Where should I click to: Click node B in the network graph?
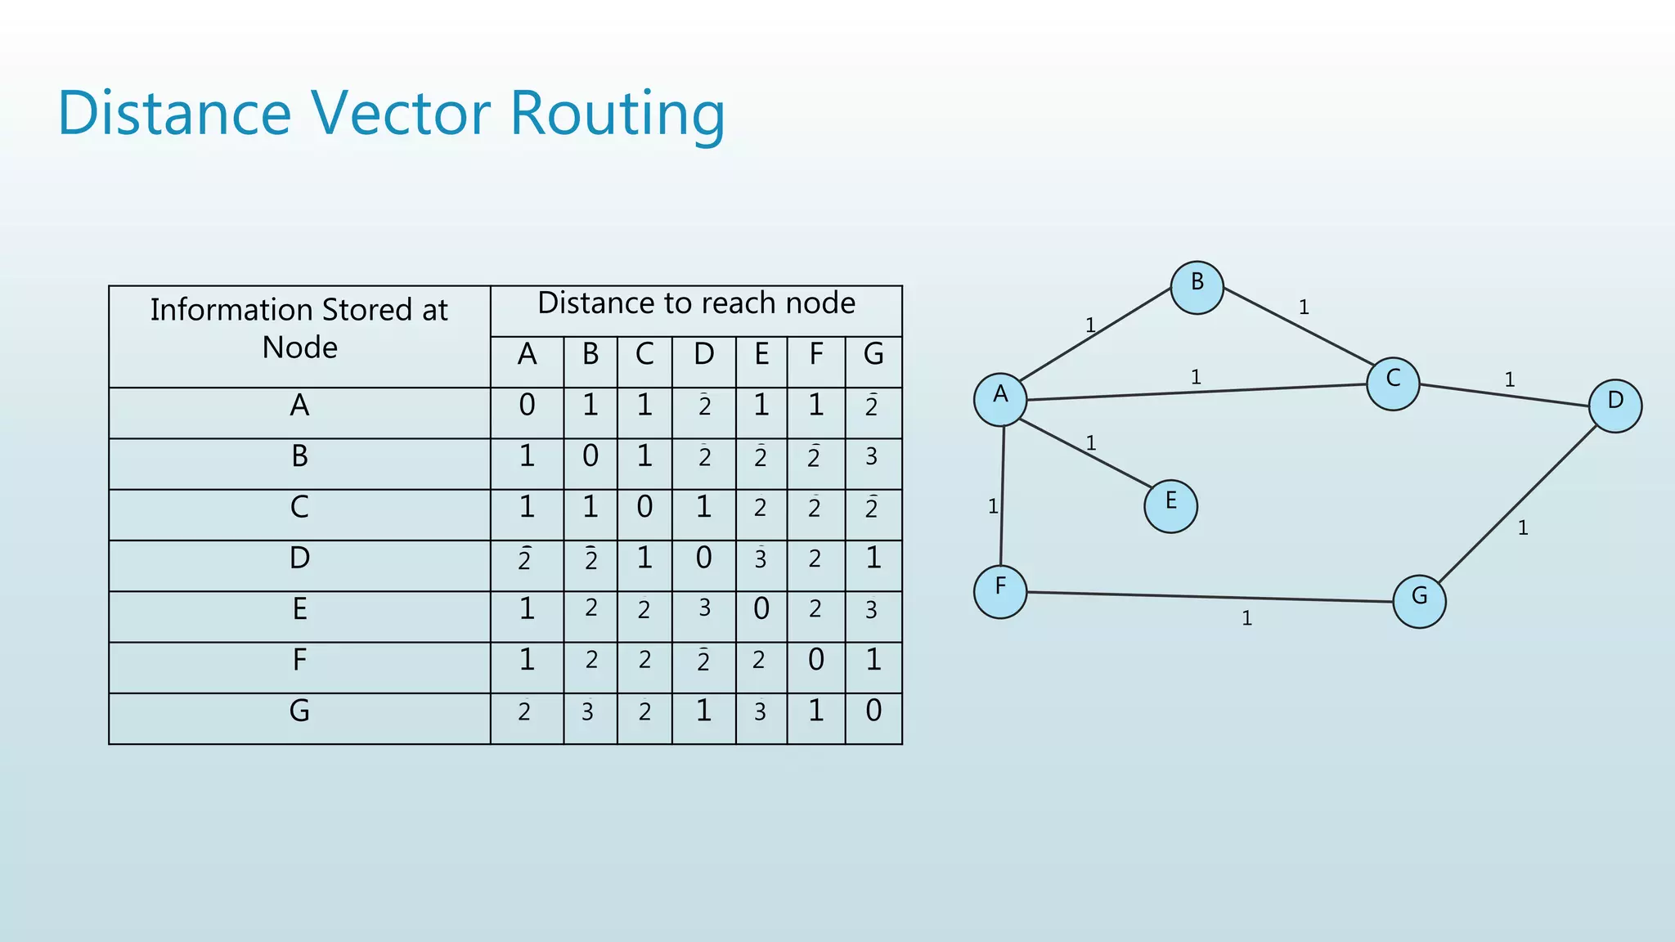click(1197, 288)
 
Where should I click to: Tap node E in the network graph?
click(1170, 506)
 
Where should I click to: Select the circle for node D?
click(1614, 406)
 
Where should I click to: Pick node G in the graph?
click(1419, 601)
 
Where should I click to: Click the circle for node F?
click(999, 591)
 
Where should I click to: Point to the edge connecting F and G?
click(1210, 597)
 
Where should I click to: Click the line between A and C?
click(1194, 392)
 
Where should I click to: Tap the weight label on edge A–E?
click(1090, 443)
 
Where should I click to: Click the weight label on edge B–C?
click(1304, 307)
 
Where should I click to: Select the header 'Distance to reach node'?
click(696, 303)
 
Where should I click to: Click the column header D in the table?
click(703, 355)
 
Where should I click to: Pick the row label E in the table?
click(299, 609)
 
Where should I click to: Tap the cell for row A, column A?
click(527, 406)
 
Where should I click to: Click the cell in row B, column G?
click(872, 456)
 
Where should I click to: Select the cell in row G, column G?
click(873, 711)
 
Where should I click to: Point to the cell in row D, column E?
click(761, 559)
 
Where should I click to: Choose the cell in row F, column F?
click(815, 660)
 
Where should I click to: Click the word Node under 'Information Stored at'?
click(299, 348)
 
